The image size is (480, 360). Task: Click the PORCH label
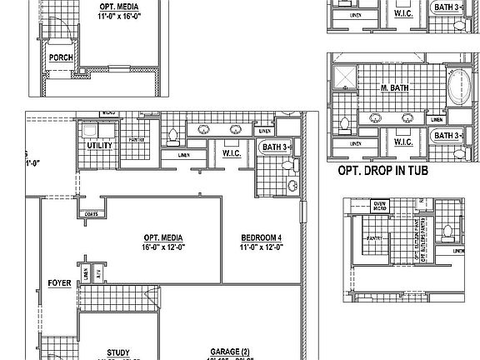pyautogui.click(x=61, y=58)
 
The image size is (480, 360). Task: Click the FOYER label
pyautogui.click(x=58, y=282)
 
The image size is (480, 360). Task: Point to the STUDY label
pyautogui.click(x=117, y=352)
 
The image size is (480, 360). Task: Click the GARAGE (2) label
pyautogui.click(x=229, y=352)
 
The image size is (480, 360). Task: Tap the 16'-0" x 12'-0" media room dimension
pyautogui.click(x=163, y=247)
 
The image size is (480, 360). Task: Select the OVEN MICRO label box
pyautogui.click(x=379, y=205)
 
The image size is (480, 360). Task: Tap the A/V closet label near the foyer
pyautogui.click(x=97, y=272)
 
